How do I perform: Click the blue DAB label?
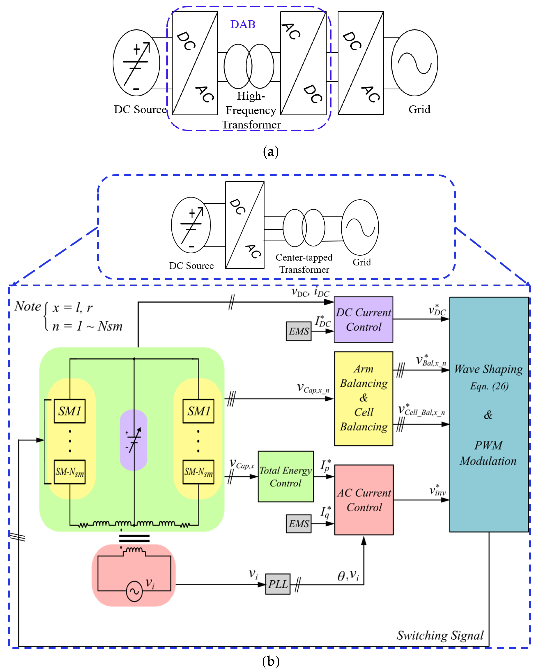click(243, 24)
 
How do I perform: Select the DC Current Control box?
click(363, 320)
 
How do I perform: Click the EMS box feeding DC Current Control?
click(298, 331)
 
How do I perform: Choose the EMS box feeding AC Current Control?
click(298, 524)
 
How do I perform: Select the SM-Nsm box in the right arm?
click(198, 472)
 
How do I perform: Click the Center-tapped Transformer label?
click(304, 263)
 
